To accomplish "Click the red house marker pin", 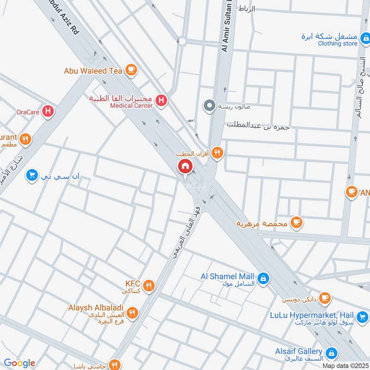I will point(185,166).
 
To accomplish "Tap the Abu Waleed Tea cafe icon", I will point(131,69).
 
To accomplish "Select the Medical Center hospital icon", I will point(161,100).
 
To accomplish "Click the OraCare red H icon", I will point(48,111).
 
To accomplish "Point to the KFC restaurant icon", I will point(148,285).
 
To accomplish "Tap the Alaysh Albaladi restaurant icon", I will point(132,313).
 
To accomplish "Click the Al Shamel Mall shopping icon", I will point(263,278).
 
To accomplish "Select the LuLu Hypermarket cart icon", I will point(363,317).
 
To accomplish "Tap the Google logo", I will point(19,363).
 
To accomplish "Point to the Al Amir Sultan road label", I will point(227,28).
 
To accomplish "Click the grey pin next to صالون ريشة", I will point(210,106).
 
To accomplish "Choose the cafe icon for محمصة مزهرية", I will point(296,223).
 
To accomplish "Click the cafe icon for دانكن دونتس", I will point(325,297).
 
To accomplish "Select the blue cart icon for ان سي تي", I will point(31,175).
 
